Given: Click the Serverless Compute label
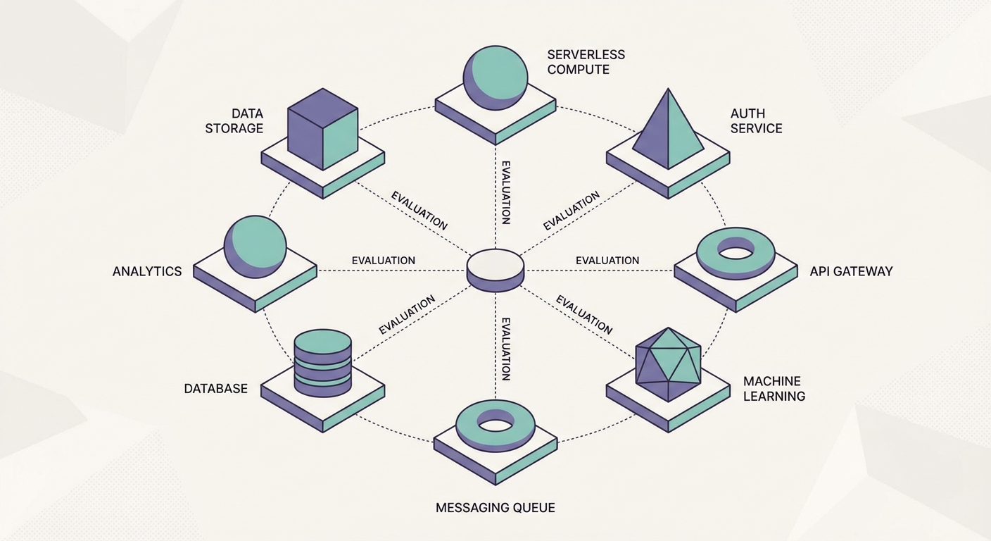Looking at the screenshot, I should coord(586,62).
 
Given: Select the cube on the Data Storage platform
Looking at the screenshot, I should coord(323,128).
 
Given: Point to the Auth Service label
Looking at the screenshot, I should coord(756,120).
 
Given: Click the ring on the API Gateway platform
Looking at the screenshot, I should coord(736,252).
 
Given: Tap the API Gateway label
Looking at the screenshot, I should coord(850,271).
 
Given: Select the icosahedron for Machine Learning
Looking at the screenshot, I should coord(667,363).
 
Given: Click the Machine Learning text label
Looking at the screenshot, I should coord(774,388).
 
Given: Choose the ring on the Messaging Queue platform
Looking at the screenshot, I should coord(495,425).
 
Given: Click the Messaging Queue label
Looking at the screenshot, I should coord(495,507).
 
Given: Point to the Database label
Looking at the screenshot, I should coord(215,388).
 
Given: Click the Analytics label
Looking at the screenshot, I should coord(147,271).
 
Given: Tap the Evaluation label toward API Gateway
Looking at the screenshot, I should coord(607,261).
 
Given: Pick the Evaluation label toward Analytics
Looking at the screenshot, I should coord(383,261).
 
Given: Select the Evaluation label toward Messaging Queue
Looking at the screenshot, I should coord(505,349).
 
